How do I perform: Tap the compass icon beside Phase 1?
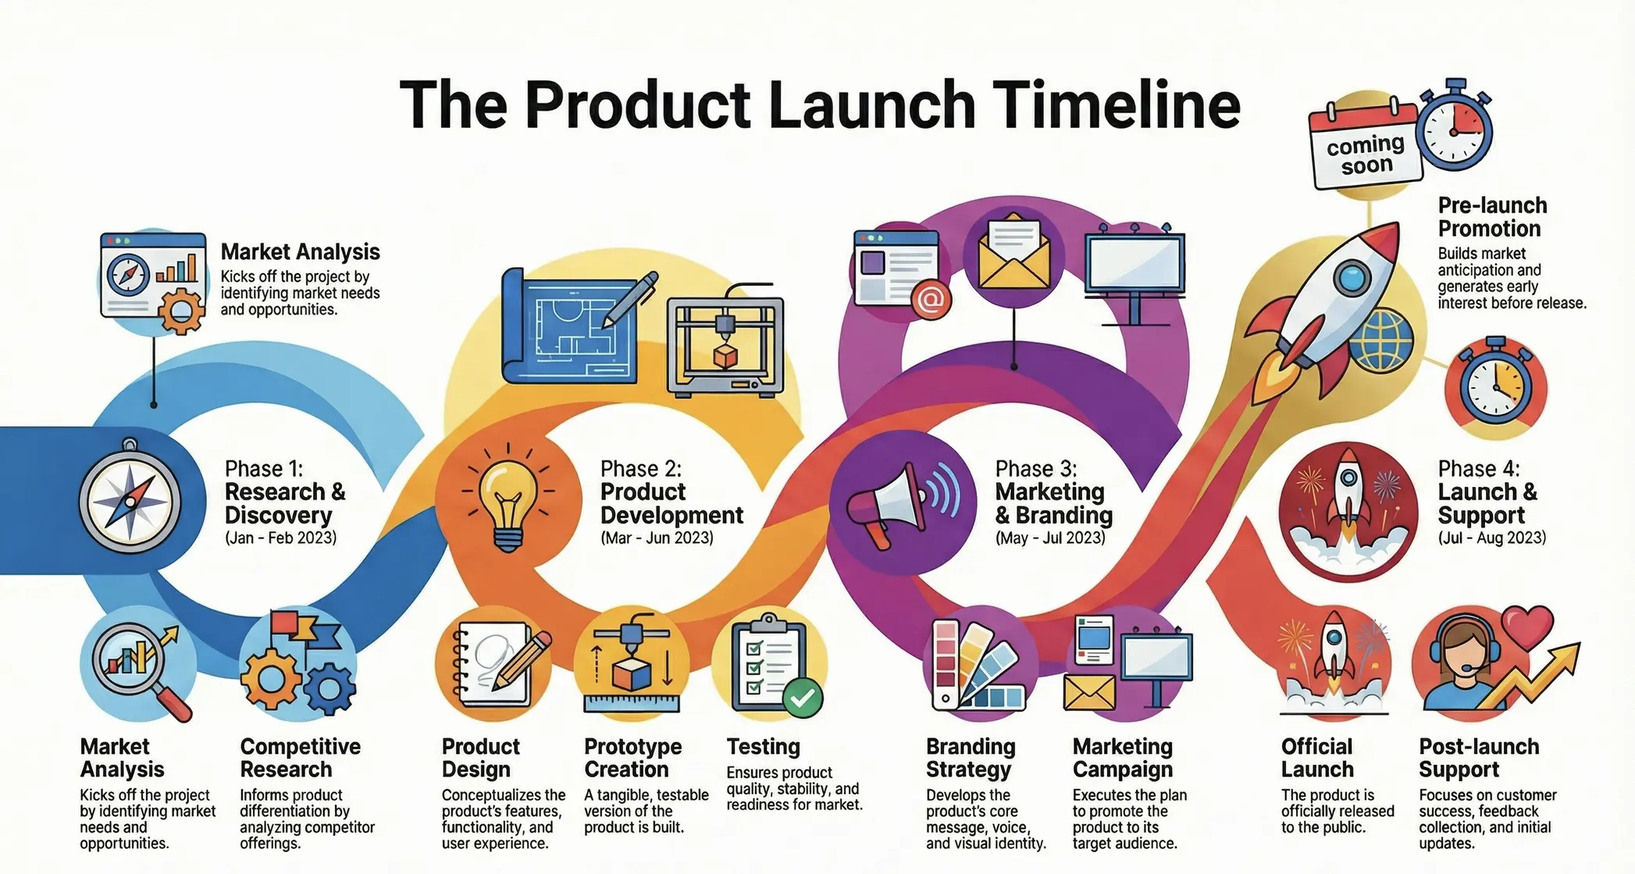coord(130,499)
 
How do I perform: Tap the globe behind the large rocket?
coord(1382,342)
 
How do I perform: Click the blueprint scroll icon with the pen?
coord(574,326)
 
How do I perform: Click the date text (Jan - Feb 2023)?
coord(281,538)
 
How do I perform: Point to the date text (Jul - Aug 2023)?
coord(1491,538)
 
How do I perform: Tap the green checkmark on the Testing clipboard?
coord(802,697)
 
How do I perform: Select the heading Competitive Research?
coord(300,758)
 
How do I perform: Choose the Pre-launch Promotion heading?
coord(1491,217)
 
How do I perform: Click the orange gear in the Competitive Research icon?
coord(269,678)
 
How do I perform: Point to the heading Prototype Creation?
coord(632,758)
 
